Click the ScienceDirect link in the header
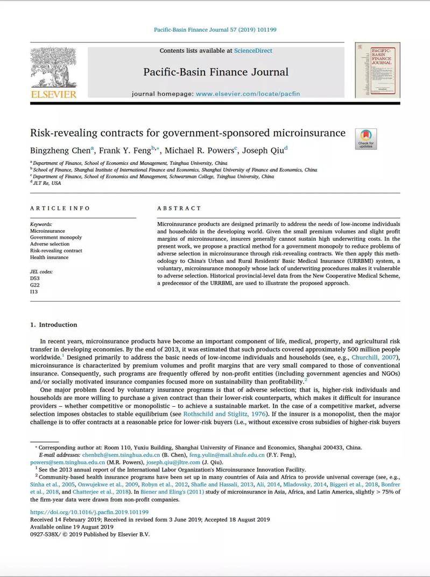(253, 51)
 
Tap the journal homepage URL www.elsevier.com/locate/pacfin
(248, 94)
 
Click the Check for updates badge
(366, 138)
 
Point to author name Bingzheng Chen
(60, 150)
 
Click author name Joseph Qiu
(263, 150)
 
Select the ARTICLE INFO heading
(60, 208)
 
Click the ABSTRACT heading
(179, 208)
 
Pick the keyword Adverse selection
(50, 244)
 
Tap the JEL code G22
(35, 285)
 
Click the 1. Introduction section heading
(54, 325)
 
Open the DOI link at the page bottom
(89, 512)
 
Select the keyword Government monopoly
(56, 237)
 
